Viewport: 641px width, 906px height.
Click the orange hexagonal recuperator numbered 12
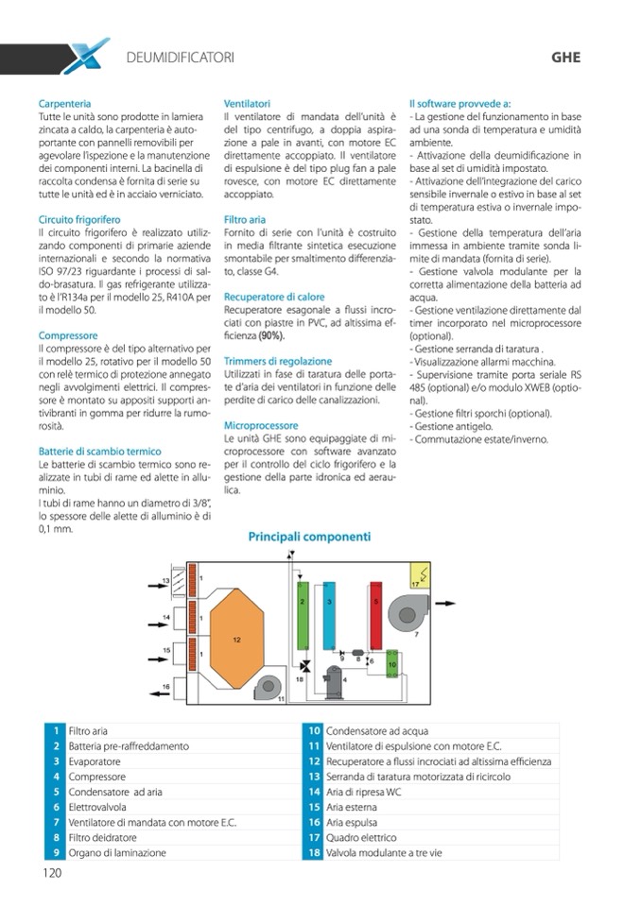tap(236, 639)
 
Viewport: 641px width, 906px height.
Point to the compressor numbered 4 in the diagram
tap(334, 677)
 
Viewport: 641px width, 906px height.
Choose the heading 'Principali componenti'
tap(309, 537)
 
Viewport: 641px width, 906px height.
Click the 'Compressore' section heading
tap(68, 335)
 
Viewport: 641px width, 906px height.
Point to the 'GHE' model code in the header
tap(564, 57)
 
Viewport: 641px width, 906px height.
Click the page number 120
tap(52, 873)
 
